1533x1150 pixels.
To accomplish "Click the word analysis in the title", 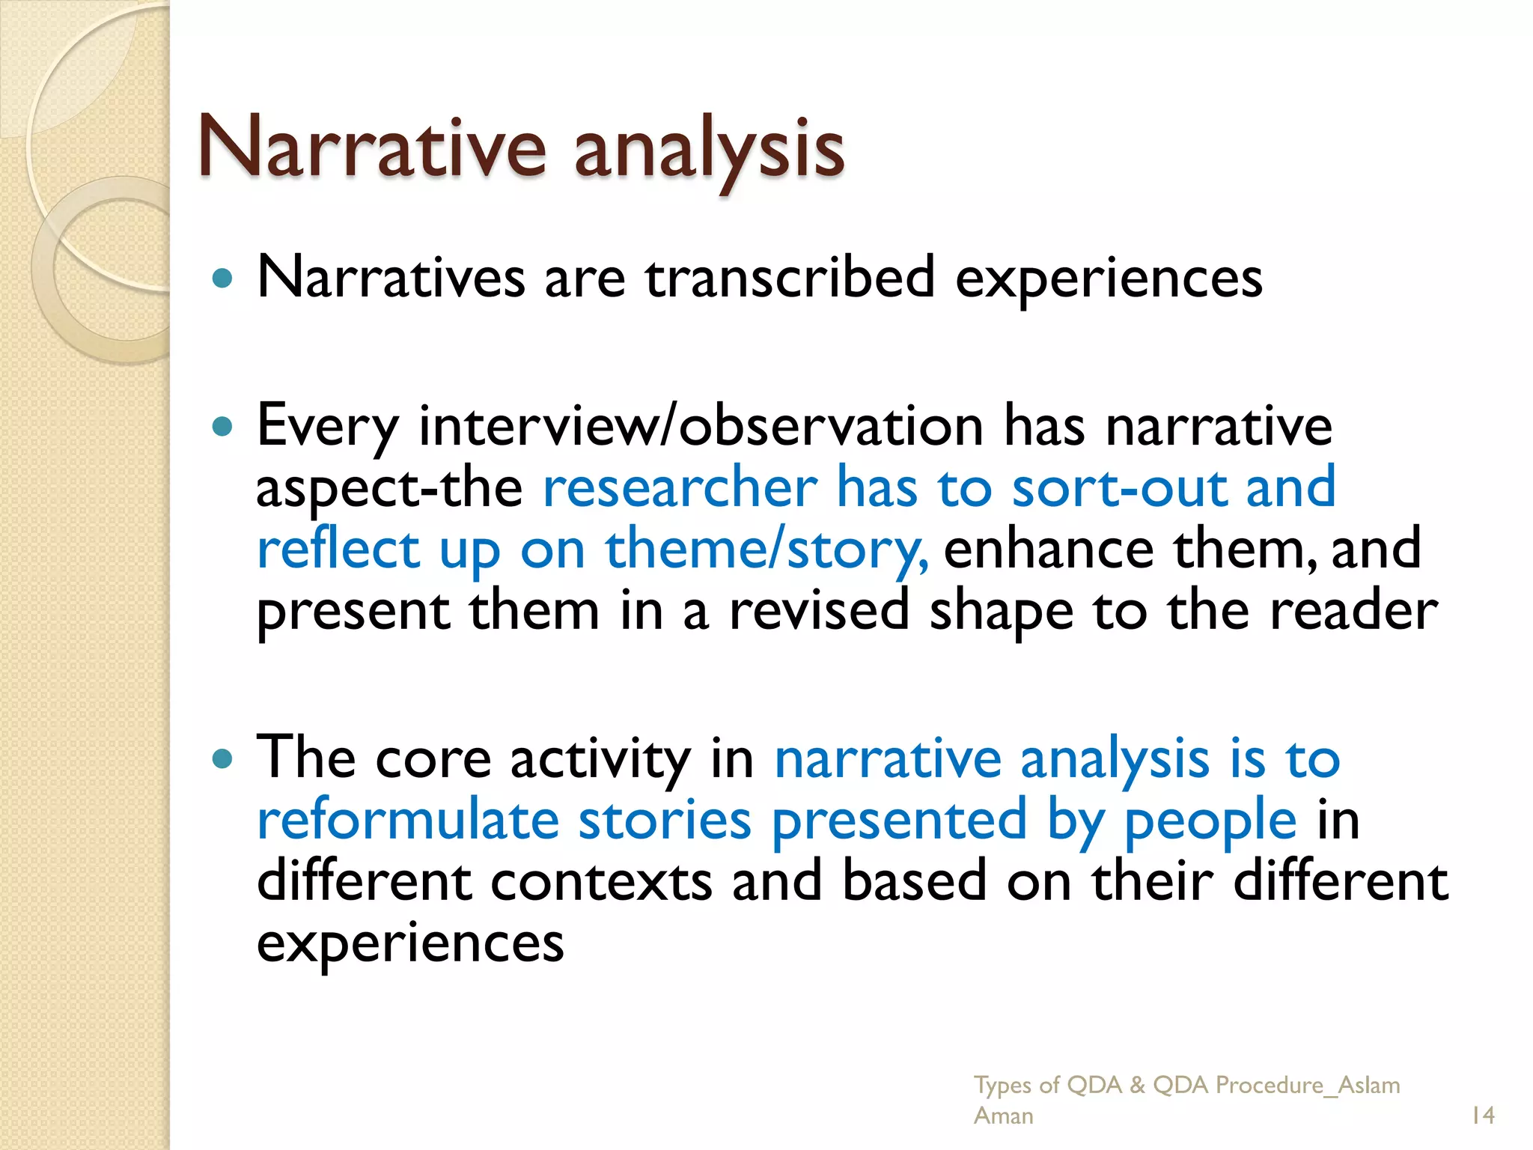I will [x=709, y=150].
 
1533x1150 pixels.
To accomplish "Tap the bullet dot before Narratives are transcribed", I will [x=222, y=279].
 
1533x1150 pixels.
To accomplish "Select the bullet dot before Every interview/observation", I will [x=222, y=427].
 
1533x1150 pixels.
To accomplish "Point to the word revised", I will [x=819, y=611].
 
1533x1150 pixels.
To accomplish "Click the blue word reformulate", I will [x=408, y=821].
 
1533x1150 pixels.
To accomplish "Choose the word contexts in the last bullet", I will [x=600, y=882].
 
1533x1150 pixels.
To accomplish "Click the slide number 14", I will [x=1482, y=1116].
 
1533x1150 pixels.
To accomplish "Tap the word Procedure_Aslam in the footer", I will [x=1307, y=1085].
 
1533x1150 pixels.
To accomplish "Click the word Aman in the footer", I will [x=1003, y=1116].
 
